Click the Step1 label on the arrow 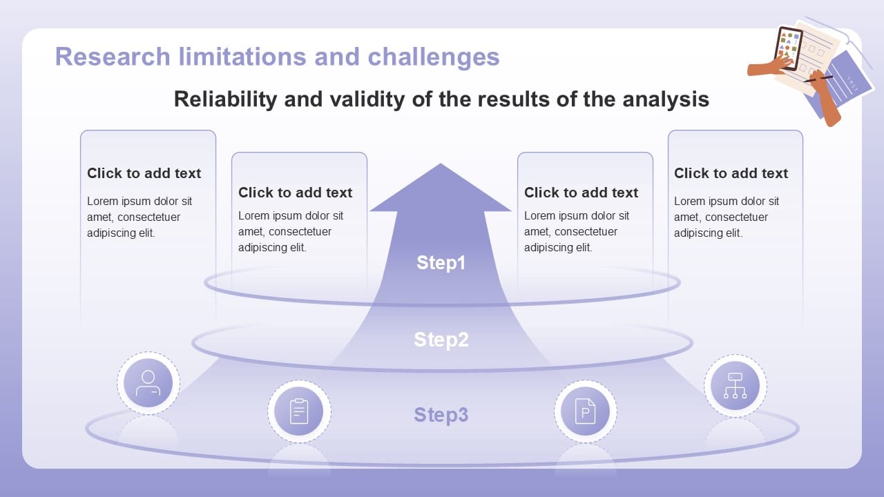click(441, 263)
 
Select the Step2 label click(441, 340)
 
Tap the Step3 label click(441, 415)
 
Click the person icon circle click(148, 383)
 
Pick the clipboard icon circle click(299, 411)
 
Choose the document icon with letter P click(585, 411)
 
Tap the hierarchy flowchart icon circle click(735, 386)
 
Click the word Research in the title click(112, 56)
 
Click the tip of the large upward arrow click(441, 166)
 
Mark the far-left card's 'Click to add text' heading click(144, 173)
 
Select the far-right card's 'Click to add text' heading click(731, 173)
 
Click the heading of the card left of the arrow click(295, 193)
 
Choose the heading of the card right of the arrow click(581, 193)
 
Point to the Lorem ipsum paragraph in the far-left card click(140, 217)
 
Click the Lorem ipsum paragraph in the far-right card click(727, 217)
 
